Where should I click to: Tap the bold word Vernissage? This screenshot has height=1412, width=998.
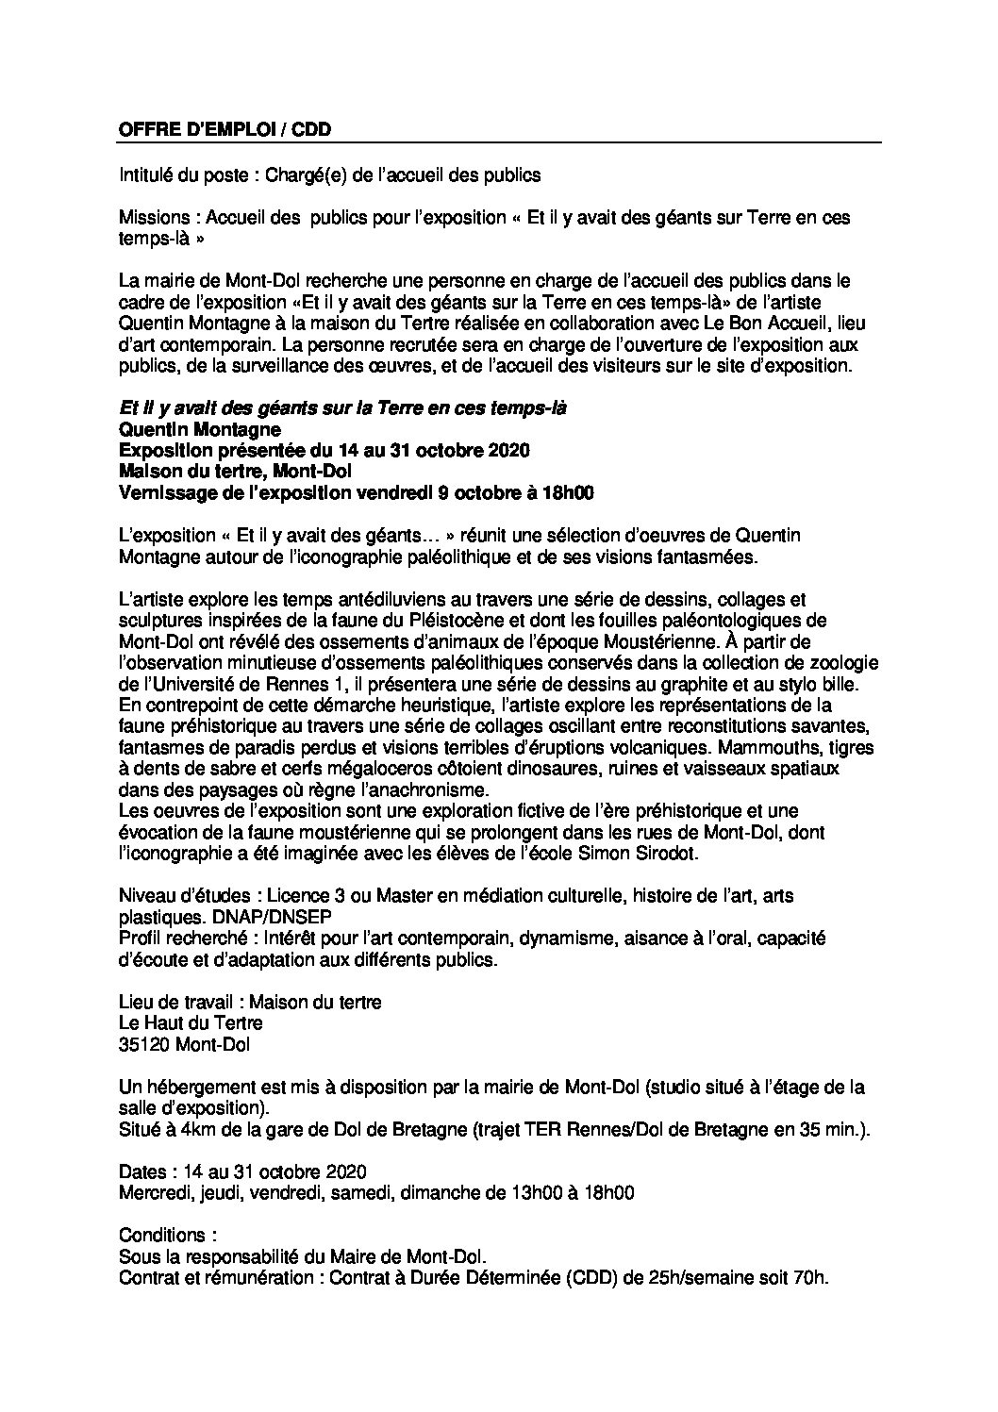click(166, 492)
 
